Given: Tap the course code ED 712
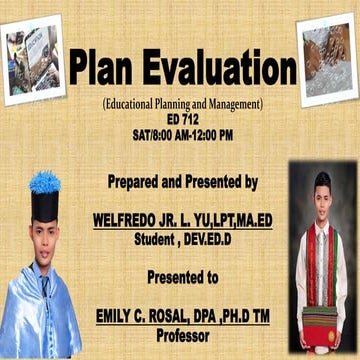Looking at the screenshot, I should (181, 118).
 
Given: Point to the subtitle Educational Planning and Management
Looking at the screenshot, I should (181, 104).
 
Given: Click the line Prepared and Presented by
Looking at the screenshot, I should (181, 182).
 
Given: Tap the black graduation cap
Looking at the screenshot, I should (44, 205).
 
